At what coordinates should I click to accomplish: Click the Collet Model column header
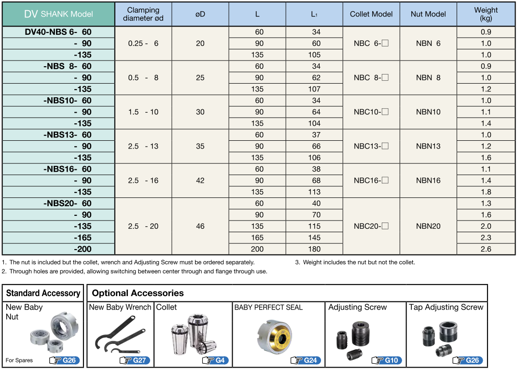coord(371,14)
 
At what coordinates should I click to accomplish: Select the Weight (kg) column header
coord(486,14)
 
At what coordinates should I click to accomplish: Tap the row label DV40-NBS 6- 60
coord(58,32)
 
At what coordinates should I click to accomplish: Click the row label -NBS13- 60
coord(67,134)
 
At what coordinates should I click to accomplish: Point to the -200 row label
coord(83,249)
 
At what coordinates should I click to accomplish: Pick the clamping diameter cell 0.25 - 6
coord(143,43)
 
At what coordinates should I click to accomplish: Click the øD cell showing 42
coord(200,180)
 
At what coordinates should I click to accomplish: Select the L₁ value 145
coord(314,238)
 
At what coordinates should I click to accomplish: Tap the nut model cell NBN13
coord(428,146)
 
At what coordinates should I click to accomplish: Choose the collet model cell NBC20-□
coord(371,226)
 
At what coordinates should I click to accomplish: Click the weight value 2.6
coord(486,249)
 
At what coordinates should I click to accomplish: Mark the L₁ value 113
coord(314,192)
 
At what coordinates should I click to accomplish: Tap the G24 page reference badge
coord(306,360)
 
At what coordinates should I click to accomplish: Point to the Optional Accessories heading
coord(138,293)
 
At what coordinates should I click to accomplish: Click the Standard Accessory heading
coord(43,293)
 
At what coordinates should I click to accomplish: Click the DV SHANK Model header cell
coord(58,14)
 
